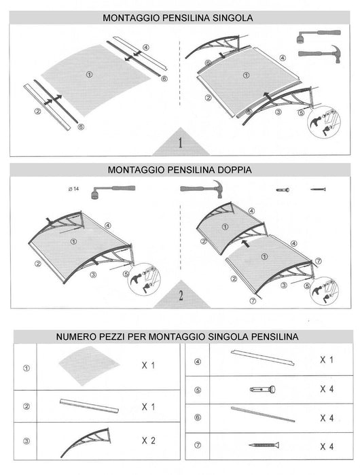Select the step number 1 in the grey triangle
tap(180, 143)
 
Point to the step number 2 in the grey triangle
tap(180, 296)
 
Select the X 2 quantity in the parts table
tap(149, 441)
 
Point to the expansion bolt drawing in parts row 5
tap(262, 390)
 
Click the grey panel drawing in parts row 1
tap(86, 365)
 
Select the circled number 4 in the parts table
tap(197, 362)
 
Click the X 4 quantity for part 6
tap(327, 417)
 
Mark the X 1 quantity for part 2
tap(149, 406)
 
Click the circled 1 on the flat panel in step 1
tap(90, 74)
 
